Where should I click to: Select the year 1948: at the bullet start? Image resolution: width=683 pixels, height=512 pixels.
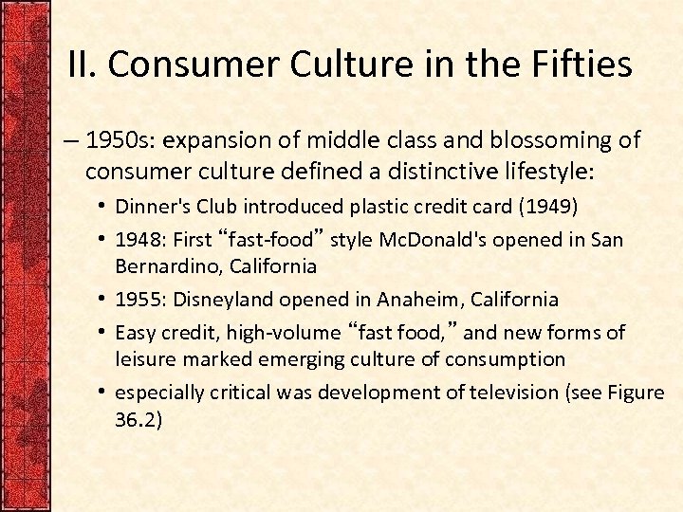tap(140, 240)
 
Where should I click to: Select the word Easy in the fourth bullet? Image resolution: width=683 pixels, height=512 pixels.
tap(136, 333)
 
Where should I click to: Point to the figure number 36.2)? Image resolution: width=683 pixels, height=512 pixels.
tap(138, 419)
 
